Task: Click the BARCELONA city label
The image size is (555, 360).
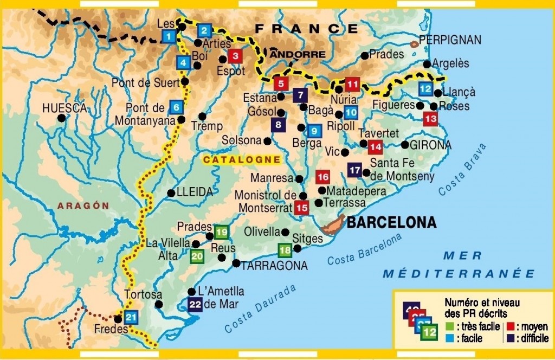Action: click(x=391, y=222)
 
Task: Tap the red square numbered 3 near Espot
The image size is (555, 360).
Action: click(x=235, y=56)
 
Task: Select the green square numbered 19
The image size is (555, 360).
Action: click(x=221, y=233)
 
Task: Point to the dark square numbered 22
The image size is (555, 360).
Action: click(x=195, y=305)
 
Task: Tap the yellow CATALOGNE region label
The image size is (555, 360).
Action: click(x=242, y=160)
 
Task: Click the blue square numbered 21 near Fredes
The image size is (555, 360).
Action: click(x=131, y=317)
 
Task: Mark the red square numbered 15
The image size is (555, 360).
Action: click(x=302, y=207)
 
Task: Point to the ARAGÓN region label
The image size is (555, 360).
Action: click(x=84, y=205)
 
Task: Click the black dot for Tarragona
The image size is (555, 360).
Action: click(x=236, y=263)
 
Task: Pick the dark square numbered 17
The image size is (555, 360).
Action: click(x=355, y=170)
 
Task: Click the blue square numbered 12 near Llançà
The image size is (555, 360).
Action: click(x=425, y=89)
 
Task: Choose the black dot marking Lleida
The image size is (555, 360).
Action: click(x=171, y=192)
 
